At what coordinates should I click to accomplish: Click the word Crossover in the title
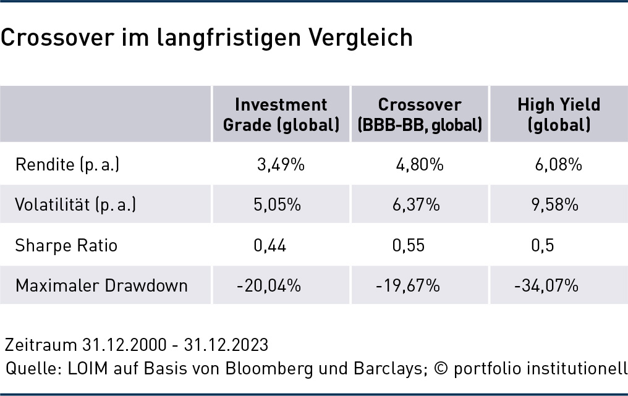tap(57, 37)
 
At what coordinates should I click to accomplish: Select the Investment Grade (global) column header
tap(281, 114)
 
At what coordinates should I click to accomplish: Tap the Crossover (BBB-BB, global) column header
tap(420, 114)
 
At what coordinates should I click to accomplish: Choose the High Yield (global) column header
tap(559, 114)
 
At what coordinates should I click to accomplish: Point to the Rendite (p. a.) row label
tap(67, 164)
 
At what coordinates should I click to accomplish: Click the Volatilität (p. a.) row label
tap(75, 204)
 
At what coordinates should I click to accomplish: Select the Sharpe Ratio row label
tap(66, 245)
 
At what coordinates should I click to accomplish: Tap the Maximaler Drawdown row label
tap(101, 285)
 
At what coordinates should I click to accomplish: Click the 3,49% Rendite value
tap(281, 164)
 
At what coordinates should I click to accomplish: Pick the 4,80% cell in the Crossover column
tap(420, 164)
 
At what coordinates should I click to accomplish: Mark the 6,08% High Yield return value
tap(558, 164)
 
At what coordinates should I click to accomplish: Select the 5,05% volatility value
tap(277, 204)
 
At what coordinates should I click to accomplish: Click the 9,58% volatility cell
tap(554, 204)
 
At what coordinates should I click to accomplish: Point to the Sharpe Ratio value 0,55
tap(409, 245)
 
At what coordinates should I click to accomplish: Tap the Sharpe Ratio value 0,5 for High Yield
tap(543, 245)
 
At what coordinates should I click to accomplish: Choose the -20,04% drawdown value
tap(269, 285)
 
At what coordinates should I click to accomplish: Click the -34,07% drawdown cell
tap(546, 285)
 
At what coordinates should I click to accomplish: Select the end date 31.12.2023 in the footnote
tap(226, 345)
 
